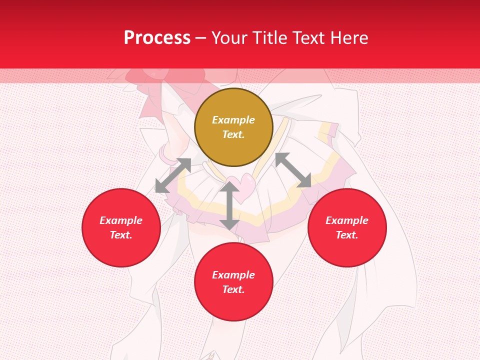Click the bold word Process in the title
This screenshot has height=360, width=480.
(157, 38)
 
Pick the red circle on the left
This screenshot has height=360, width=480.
(121, 227)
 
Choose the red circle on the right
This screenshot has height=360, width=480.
(347, 227)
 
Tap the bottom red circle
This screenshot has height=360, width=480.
(233, 282)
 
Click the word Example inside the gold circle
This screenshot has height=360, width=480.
(233, 120)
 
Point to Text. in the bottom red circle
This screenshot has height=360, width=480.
(233, 289)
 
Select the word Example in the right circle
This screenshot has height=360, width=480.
(347, 220)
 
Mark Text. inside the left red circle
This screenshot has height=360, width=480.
(121, 235)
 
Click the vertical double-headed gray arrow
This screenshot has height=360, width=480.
(229, 205)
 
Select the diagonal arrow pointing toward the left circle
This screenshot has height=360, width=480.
(173, 175)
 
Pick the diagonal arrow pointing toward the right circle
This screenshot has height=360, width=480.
(293, 170)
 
